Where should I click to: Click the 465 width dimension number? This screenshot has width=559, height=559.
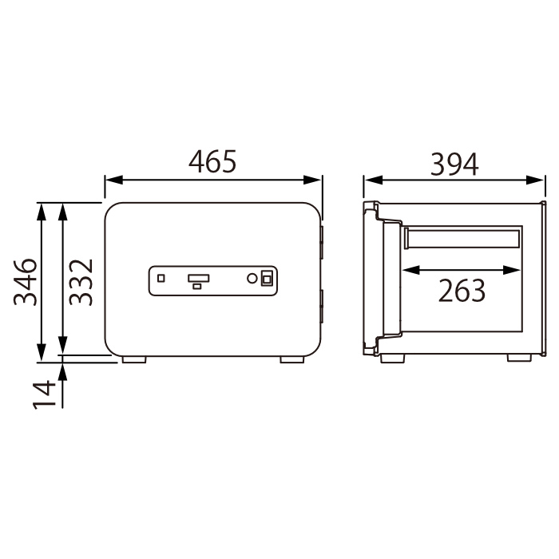coord(212,161)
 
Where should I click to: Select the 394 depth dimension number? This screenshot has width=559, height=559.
coord(454,165)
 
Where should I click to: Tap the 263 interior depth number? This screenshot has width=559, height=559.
coord(462,291)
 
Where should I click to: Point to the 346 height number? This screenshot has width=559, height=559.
coord(25,282)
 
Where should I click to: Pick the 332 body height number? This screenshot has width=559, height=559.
coord(81,282)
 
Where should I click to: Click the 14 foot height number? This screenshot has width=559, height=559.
coord(44,394)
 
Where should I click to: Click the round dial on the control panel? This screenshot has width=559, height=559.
coord(252,279)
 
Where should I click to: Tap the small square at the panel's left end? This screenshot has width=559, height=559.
coord(161,278)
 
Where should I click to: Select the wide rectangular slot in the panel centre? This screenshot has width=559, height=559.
coord(199,279)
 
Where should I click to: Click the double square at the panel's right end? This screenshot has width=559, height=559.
coord(267,279)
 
